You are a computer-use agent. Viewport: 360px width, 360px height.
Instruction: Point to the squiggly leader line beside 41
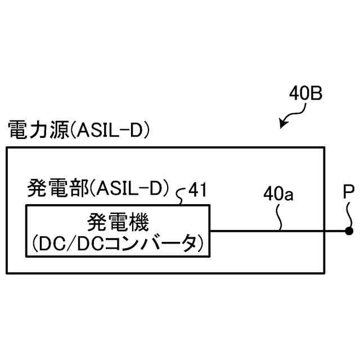coord(181,196)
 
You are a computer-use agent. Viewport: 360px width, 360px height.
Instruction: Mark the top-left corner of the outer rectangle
coord(6,148)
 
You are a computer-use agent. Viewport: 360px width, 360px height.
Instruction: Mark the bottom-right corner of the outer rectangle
coord(325,273)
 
